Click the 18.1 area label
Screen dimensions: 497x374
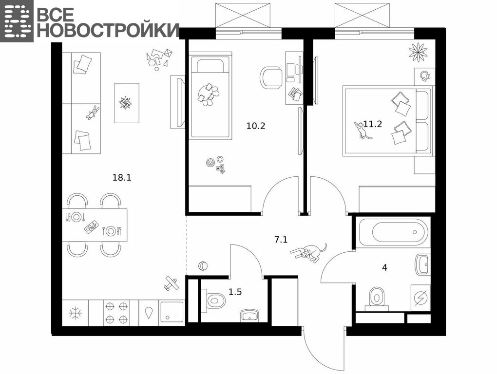pos(122,178)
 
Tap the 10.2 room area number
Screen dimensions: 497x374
pos(256,126)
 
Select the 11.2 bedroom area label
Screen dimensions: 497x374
pos(373,124)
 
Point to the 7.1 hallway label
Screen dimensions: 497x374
pos(281,240)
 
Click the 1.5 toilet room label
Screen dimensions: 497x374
pos(235,292)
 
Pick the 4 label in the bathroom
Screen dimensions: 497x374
pos(384,268)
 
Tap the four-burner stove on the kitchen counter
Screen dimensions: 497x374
pos(116,313)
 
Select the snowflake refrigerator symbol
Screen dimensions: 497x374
pos(76,313)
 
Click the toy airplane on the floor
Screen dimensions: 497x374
pos(171,283)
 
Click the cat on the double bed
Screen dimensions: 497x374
pos(362,130)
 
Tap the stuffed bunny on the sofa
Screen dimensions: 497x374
pos(93,113)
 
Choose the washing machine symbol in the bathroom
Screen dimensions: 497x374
pos(421,298)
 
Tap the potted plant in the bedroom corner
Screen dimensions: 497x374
pos(418,52)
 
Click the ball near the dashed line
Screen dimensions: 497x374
pos(203,266)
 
